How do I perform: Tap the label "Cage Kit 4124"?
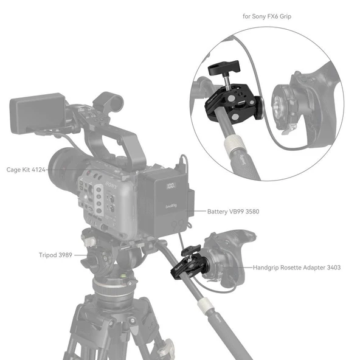[24, 170]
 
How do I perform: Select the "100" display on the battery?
[171, 181]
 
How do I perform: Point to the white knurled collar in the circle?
[234, 146]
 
